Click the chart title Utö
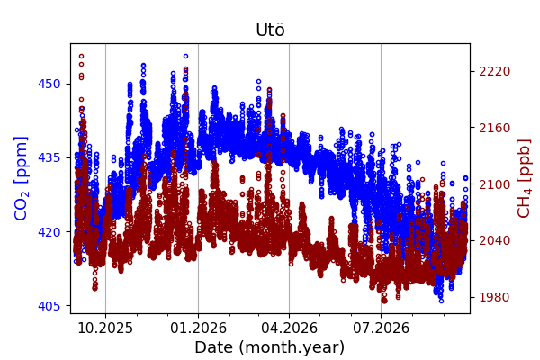pos(270,30)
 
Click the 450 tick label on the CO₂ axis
pos(49,84)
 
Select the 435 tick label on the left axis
pos(49,157)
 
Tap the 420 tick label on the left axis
pos(49,232)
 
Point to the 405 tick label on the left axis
pos(49,306)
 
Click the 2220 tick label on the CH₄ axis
pos(494,71)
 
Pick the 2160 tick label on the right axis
pos(494,128)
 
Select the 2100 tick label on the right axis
pos(494,184)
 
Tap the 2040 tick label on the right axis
pos(494,240)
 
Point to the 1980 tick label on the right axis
pos(494,297)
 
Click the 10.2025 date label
pos(105,328)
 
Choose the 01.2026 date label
pos(198,328)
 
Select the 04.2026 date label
pos(289,328)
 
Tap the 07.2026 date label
pos(382,328)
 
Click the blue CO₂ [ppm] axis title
pos(21,179)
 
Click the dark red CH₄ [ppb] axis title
pos(524,179)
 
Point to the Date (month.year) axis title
pos(270,347)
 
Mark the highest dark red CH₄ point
pos(81,56)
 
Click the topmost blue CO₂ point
pos(186,56)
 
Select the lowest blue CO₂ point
pos(441,301)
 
